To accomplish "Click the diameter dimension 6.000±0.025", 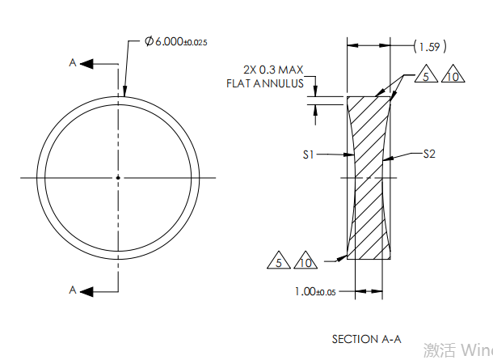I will pos(176,41).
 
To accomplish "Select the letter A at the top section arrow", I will pos(73,62).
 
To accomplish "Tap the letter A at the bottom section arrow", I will pos(73,289).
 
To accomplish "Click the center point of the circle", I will pos(118,177).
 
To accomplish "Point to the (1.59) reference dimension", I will pos(430,46).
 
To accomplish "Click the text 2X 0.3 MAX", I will pos(272,70).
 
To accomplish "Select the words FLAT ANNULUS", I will pos(265,83).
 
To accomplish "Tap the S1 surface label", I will pos(309,155).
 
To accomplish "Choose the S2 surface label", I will pos(429,154).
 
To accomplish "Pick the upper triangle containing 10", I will pos(453,77).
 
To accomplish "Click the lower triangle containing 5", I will pos(279,262).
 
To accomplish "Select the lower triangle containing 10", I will pos(305,262).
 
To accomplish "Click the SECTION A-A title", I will pos(366,339).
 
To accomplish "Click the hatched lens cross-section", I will pos(369,178).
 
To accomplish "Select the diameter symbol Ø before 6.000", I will pos(149,41).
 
